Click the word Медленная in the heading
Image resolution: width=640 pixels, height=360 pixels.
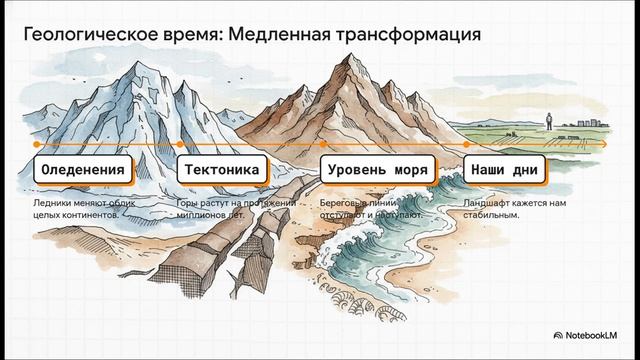(274, 33)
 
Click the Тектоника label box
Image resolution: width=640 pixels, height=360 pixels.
(224, 170)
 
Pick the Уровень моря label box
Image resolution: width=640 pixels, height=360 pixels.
(379, 170)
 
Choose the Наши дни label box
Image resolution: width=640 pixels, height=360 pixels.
(504, 170)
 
